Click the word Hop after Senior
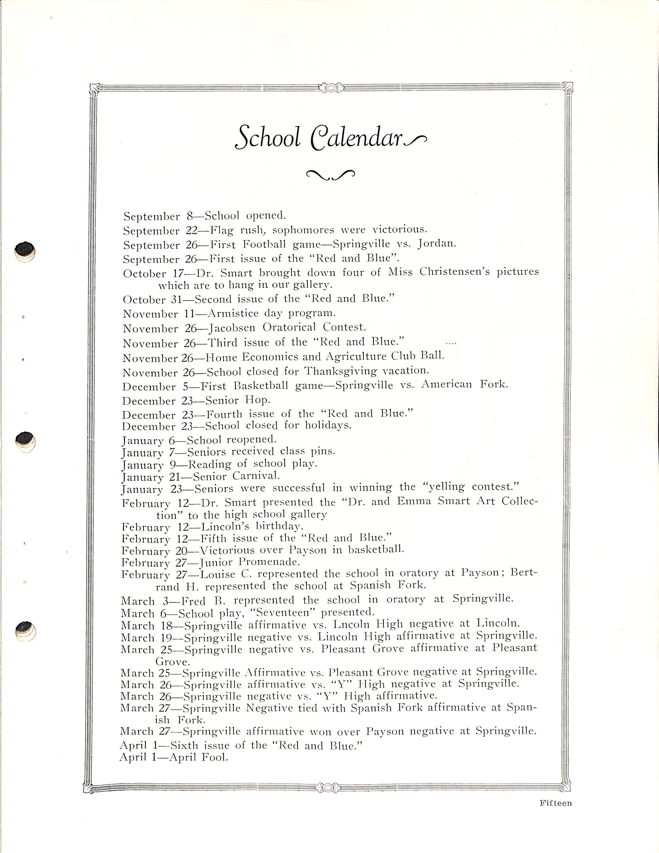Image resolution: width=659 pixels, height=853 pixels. coord(257,400)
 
